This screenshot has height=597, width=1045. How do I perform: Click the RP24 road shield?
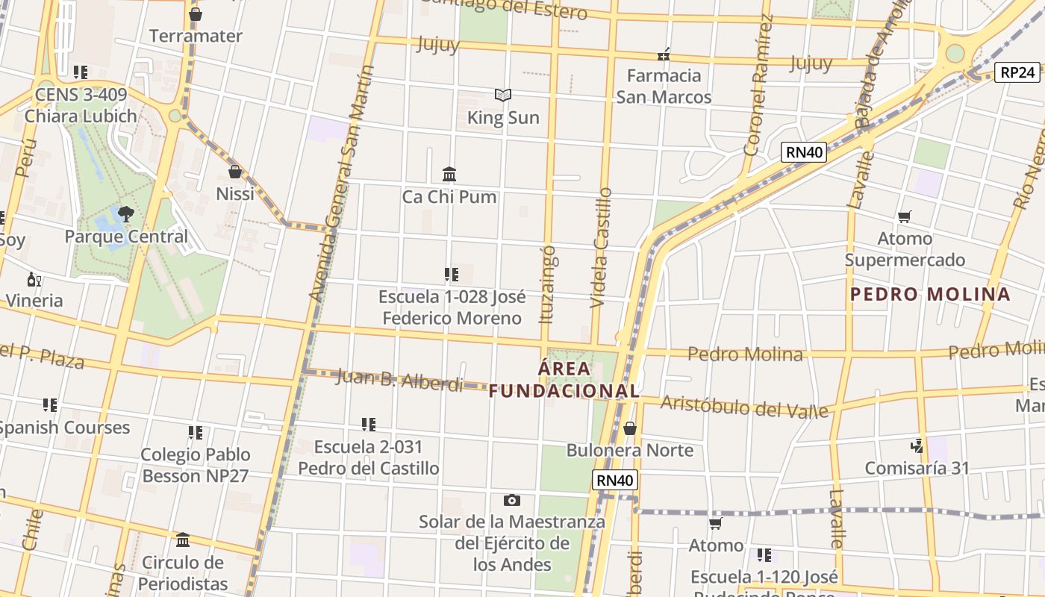click(1018, 72)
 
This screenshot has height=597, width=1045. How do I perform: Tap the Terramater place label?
click(196, 36)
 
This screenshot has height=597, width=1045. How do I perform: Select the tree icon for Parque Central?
click(126, 214)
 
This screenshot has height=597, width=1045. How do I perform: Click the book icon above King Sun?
click(503, 95)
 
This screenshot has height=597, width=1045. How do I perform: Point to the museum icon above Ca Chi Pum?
click(449, 174)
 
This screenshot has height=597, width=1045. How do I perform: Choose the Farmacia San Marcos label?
click(664, 86)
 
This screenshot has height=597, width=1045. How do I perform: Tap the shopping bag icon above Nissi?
click(235, 172)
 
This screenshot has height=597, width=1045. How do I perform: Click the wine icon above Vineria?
click(34, 280)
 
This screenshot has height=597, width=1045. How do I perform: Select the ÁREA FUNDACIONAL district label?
click(564, 379)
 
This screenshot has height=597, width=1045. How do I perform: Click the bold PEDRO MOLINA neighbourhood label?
click(930, 294)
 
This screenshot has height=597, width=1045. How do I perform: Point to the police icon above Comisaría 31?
click(917, 446)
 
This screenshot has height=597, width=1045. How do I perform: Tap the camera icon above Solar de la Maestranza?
click(511, 500)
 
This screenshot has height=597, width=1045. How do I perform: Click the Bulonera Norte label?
click(630, 450)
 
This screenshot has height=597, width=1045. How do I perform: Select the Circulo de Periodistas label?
click(183, 572)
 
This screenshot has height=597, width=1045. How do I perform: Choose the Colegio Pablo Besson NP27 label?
click(196, 465)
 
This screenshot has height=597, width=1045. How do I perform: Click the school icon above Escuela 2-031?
click(368, 425)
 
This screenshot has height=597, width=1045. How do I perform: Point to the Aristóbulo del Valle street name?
click(744, 406)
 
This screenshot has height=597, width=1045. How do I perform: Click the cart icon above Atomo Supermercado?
click(905, 217)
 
